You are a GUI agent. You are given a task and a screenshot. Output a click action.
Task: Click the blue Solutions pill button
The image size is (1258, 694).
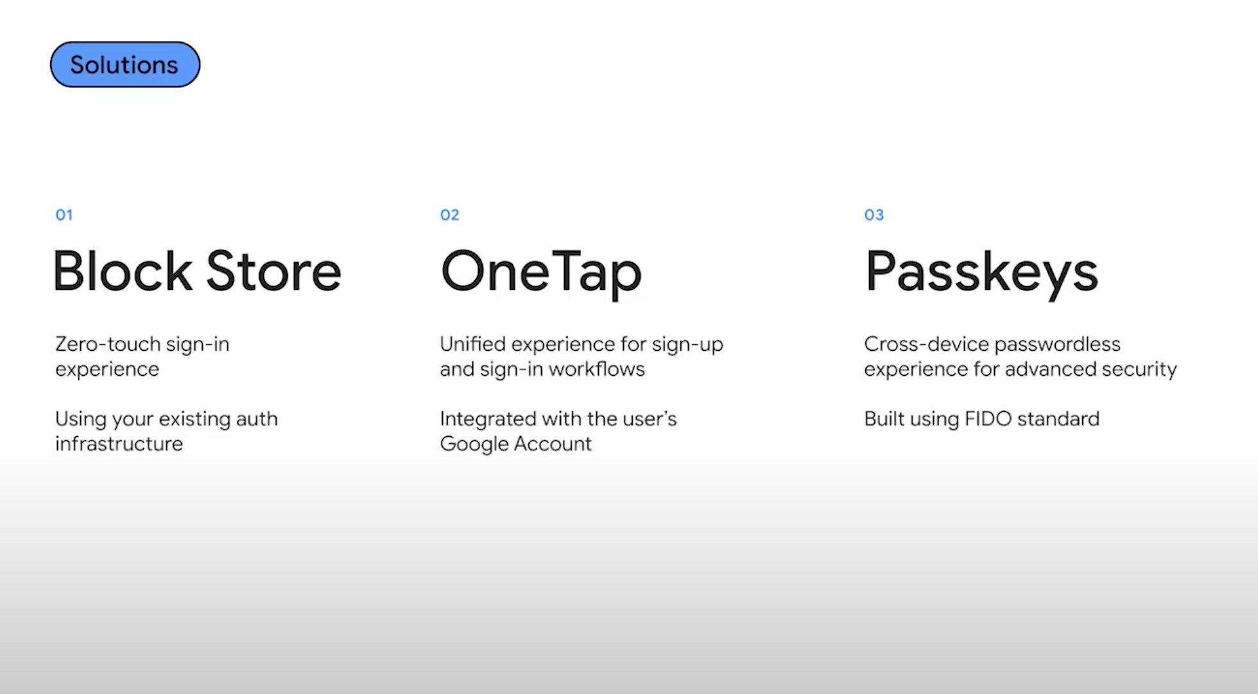(x=125, y=65)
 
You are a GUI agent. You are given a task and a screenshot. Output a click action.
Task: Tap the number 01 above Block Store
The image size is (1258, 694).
(x=64, y=215)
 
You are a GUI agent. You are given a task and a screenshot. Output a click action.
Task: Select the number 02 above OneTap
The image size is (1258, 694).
(x=450, y=215)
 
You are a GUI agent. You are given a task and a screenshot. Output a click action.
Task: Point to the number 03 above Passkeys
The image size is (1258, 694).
(x=874, y=215)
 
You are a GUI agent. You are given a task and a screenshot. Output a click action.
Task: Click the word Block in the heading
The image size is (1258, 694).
(x=123, y=271)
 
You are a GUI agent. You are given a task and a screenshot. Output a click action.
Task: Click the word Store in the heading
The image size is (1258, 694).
(x=274, y=271)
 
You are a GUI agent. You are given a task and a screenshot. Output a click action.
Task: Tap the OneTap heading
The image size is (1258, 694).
(x=541, y=273)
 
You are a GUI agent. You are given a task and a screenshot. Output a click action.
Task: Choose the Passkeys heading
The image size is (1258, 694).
(x=981, y=273)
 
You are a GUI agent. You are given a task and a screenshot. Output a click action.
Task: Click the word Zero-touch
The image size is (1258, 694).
(x=108, y=344)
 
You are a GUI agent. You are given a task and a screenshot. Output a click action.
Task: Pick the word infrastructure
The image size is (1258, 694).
(x=119, y=444)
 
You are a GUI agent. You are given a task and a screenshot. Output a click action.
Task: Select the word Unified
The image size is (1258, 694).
(x=473, y=344)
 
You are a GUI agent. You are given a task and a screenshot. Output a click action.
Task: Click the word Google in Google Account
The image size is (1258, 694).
(x=474, y=444)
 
